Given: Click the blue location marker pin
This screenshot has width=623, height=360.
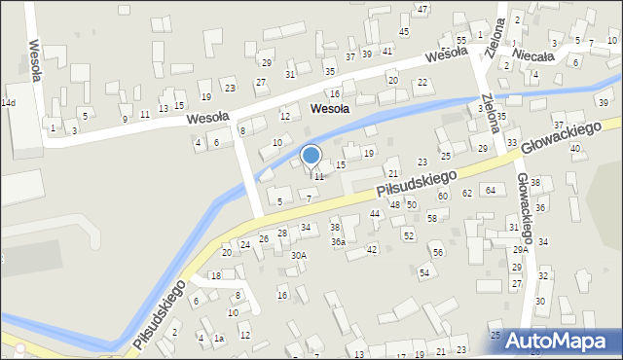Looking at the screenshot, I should point(311,156).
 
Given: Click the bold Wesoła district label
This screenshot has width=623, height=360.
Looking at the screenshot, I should point(330,109).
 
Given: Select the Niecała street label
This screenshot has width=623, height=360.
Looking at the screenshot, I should point(533,56).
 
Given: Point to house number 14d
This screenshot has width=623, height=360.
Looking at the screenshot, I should point(9,102).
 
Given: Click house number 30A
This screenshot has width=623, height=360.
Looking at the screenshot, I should point(299,255).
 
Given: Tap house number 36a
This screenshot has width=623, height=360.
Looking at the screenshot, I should point(338,241).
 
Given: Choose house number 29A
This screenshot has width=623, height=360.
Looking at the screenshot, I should point(520,250).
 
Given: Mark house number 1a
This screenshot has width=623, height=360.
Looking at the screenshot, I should point(219,339).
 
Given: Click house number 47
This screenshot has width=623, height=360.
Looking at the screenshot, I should point(421,9).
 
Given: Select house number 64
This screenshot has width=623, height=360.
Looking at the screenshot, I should point(491,190).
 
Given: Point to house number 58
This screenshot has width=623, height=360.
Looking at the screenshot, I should point(432,218).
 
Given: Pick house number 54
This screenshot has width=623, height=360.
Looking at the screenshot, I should point(424,272).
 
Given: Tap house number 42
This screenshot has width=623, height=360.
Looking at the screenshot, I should point(372,249).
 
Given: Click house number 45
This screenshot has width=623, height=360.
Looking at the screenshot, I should point(404,31).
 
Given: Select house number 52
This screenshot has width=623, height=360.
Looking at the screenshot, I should point(409,235).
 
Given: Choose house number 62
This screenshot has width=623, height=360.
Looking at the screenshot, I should point(467,193).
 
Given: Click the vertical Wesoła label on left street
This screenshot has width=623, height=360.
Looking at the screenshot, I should point(36,60).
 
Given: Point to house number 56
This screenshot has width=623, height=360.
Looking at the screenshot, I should point(438,252).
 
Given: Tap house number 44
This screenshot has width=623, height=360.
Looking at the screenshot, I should point(374,213).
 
